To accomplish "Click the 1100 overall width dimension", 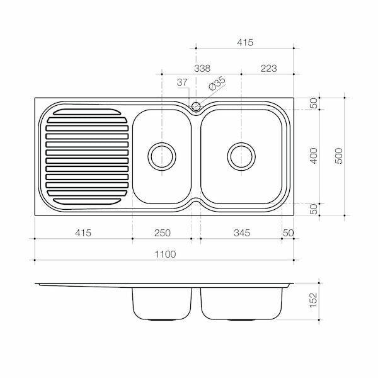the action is click(x=165, y=254).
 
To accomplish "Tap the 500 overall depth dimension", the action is click(x=339, y=156).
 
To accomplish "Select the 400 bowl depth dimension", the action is click(x=314, y=156).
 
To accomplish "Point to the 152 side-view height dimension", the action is click(x=313, y=300).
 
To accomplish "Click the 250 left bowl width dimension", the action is click(x=163, y=233).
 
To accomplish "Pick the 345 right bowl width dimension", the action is click(x=242, y=233).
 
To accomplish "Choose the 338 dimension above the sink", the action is click(x=202, y=69).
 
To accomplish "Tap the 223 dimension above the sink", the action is click(x=268, y=69).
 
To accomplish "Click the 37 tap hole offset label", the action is click(x=182, y=83).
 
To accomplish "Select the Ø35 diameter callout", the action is click(x=217, y=84).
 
